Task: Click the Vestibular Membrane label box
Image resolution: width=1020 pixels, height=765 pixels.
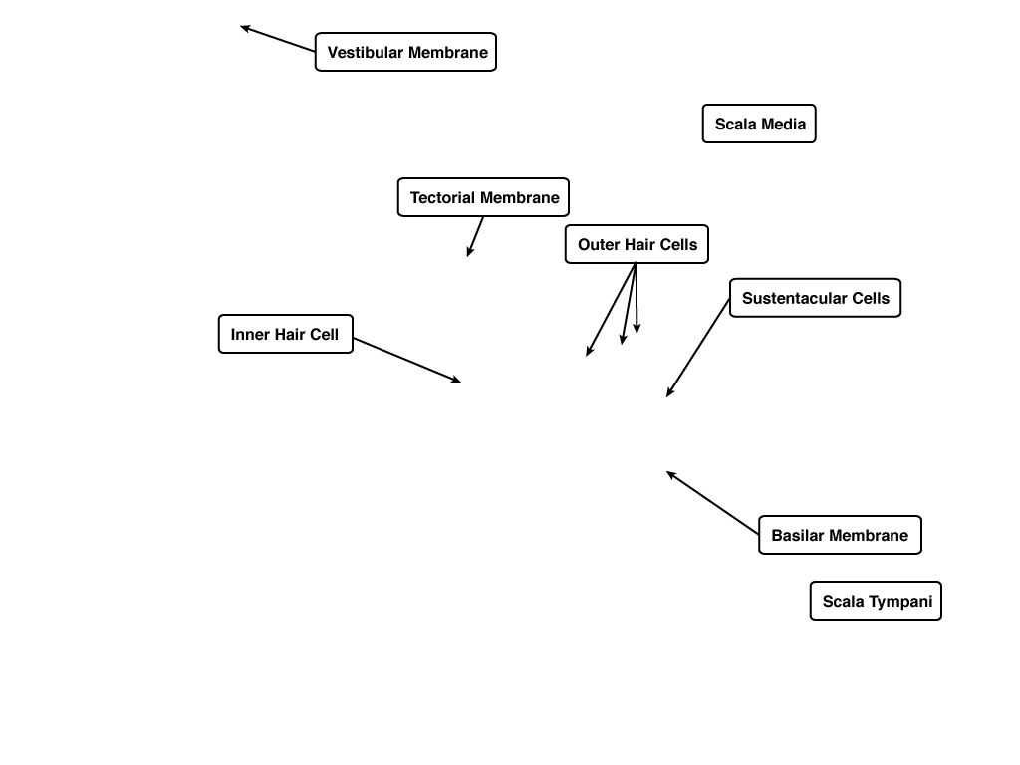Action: point(406,52)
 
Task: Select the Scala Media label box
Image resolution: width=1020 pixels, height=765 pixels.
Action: point(759,124)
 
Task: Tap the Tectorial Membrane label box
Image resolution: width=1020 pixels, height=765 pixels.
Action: point(483,197)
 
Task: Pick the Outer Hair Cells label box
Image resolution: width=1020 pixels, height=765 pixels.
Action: point(637,244)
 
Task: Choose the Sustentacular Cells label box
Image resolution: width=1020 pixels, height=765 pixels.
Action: point(815,298)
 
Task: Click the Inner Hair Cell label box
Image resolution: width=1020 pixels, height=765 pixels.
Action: point(286,334)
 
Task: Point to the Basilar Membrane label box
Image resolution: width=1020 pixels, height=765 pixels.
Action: point(840,535)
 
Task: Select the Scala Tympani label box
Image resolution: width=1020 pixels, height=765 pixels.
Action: point(876,601)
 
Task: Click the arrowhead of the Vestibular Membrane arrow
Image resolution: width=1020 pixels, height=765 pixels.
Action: point(245,28)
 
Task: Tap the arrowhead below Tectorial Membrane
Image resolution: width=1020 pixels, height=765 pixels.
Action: point(470,251)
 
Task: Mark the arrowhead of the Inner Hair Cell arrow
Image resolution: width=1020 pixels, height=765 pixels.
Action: point(456,380)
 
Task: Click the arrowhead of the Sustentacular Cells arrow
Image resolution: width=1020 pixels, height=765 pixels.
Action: point(669,391)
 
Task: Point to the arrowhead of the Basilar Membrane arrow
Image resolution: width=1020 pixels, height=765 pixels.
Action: point(671,475)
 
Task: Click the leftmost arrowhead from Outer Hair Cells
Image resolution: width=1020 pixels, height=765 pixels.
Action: point(589,351)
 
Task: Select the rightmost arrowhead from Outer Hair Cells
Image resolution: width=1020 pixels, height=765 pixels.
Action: point(637,328)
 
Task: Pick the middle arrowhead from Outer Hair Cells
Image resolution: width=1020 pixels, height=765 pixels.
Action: point(623,339)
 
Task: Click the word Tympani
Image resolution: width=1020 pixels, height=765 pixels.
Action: point(900,602)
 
